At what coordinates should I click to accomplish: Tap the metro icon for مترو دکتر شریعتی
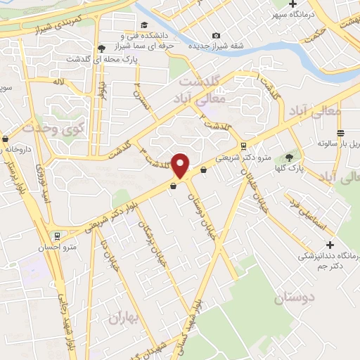click(x=243, y=147)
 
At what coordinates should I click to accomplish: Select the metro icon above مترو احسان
click(x=56, y=236)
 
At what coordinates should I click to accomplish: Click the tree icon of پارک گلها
click(x=288, y=157)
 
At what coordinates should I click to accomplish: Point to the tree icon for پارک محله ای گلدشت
click(x=102, y=49)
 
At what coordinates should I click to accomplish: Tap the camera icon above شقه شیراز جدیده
click(x=216, y=35)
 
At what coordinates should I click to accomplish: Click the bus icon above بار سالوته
click(x=340, y=134)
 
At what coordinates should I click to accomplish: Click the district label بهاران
click(x=124, y=318)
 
